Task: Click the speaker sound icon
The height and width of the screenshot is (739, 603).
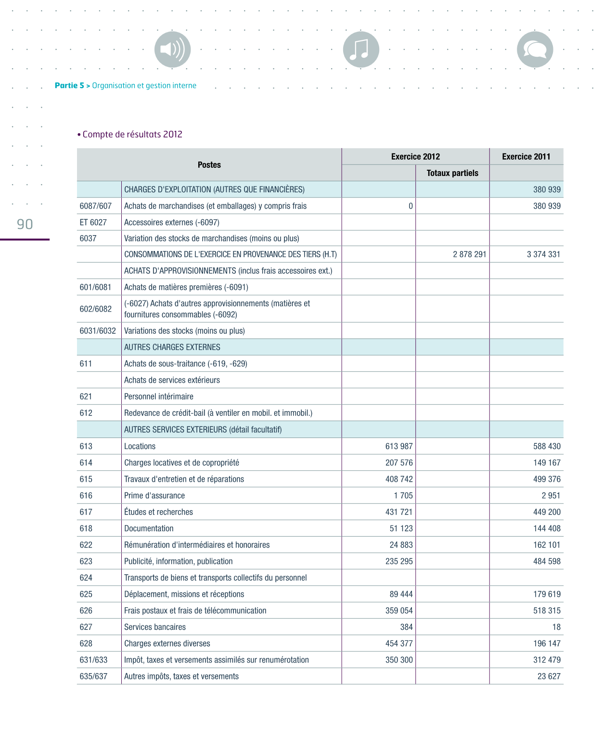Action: pyautogui.click(x=172, y=50)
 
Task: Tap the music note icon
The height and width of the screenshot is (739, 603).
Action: pyautogui.click(x=361, y=50)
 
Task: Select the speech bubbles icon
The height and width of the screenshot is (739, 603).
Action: pyautogui.click(x=535, y=50)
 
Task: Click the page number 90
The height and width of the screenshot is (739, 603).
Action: pyautogui.click(x=25, y=224)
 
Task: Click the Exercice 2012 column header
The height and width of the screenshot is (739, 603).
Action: pyautogui.click(x=415, y=157)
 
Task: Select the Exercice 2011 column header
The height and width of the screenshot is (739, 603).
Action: pyautogui.click(x=526, y=157)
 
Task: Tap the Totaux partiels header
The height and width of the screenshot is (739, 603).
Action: pyautogui.click(x=452, y=173)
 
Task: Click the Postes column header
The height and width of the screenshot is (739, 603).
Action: pyautogui.click(x=209, y=165)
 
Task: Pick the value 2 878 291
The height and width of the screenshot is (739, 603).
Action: pyautogui.click(x=469, y=254)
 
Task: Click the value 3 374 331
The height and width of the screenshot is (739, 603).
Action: pyautogui.click(x=543, y=254)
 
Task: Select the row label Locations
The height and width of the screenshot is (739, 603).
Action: pyautogui.click(x=140, y=446)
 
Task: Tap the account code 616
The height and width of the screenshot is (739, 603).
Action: pyautogui.click(x=86, y=496)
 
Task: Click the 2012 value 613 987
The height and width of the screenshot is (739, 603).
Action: pyautogui.click(x=399, y=446)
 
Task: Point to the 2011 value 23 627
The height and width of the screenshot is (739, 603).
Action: pyautogui.click(x=549, y=676)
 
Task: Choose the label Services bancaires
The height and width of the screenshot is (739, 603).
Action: pyautogui.click(x=155, y=627)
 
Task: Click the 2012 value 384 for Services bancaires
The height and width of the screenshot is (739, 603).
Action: pyautogui.click(x=406, y=627)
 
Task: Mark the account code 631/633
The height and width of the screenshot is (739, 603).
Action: pyautogui.click(x=94, y=660)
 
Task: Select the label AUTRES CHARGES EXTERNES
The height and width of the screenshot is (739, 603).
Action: pyautogui.click(x=172, y=347)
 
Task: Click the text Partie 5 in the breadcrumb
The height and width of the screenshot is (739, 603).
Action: pyautogui.click(x=69, y=86)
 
